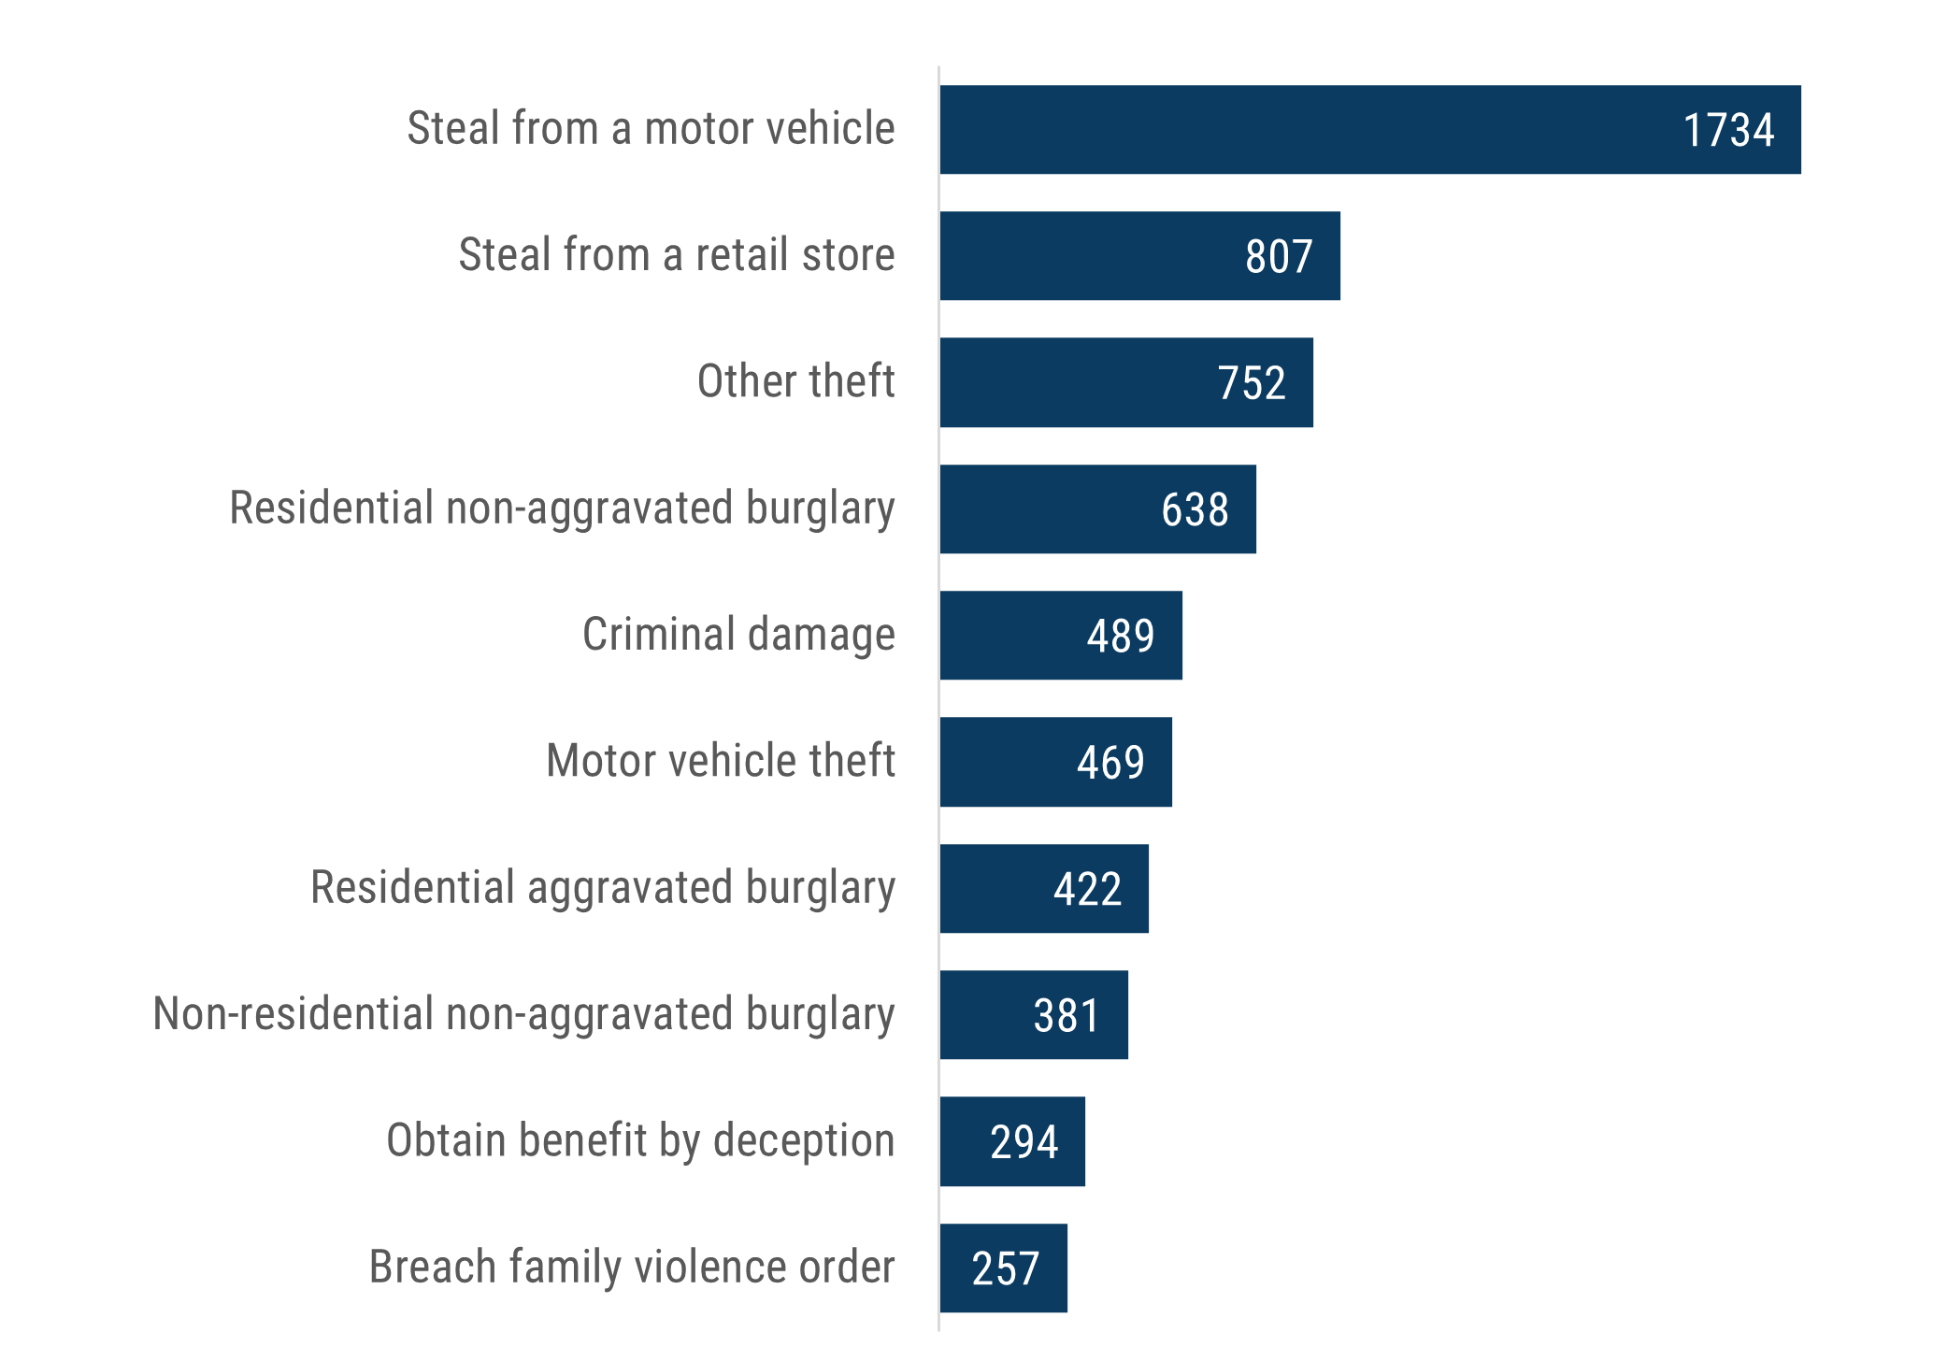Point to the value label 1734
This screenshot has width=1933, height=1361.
point(1728,131)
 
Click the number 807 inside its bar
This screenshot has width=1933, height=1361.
point(1279,257)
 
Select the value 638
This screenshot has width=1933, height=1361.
point(1195,510)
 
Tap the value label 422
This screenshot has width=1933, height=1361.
point(1087,889)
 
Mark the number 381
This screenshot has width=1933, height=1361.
point(1067,1016)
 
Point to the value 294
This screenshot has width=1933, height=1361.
point(1024,1142)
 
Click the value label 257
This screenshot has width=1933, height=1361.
point(1005,1269)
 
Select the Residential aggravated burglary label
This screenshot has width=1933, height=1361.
point(603,888)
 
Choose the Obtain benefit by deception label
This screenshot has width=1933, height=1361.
point(640,1141)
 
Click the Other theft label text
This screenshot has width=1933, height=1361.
point(795,381)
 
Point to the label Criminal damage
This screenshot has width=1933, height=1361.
point(738,635)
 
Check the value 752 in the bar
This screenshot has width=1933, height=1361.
point(1252,383)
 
